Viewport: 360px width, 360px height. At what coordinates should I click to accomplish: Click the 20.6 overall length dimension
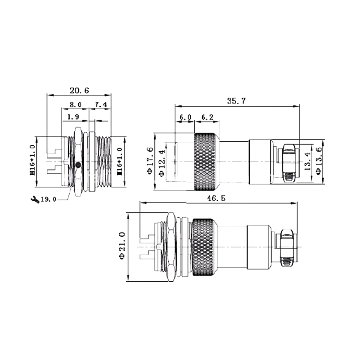coord(79,90)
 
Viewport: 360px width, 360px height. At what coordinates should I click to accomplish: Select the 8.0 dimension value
coord(75,105)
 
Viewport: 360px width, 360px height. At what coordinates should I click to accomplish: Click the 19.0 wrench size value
coord(48,199)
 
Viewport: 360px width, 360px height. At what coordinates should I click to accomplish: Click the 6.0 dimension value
coord(185,117)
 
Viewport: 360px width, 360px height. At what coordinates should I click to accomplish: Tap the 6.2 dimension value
coord(207,117)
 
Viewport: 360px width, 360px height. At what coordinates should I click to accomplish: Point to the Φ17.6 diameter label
coord(149,162)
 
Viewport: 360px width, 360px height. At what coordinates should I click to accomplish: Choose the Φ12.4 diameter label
coord(161,162)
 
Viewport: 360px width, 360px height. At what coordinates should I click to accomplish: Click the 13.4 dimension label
coord(307,162)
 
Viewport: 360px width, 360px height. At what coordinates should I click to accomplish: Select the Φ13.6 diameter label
coord(319,162)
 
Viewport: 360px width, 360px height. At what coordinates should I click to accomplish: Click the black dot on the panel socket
coord(78,165)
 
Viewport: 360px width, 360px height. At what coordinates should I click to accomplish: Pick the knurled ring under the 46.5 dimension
coord(203,247)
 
